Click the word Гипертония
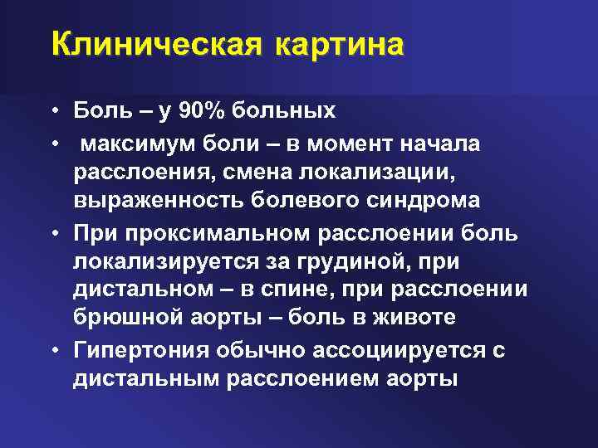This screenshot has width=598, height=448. tap(142, 350)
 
